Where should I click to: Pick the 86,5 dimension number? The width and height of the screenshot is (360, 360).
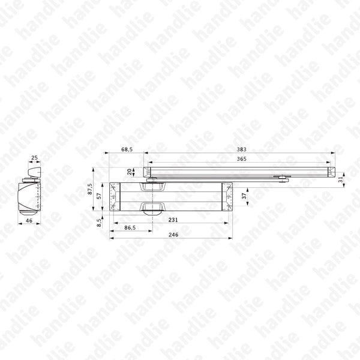coord(130,228)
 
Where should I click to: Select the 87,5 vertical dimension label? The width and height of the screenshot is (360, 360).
coord(90,189)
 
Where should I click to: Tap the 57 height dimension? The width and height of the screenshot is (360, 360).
coord(100,196)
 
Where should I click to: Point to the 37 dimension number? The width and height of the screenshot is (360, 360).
coord(244,196)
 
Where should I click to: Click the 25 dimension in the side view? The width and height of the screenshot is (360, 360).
coord(33,158)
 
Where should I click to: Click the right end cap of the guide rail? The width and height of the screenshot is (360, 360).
coord(329,172)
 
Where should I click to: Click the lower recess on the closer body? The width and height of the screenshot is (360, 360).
coord(152,208)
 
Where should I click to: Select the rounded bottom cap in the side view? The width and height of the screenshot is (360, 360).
coord(26,213)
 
